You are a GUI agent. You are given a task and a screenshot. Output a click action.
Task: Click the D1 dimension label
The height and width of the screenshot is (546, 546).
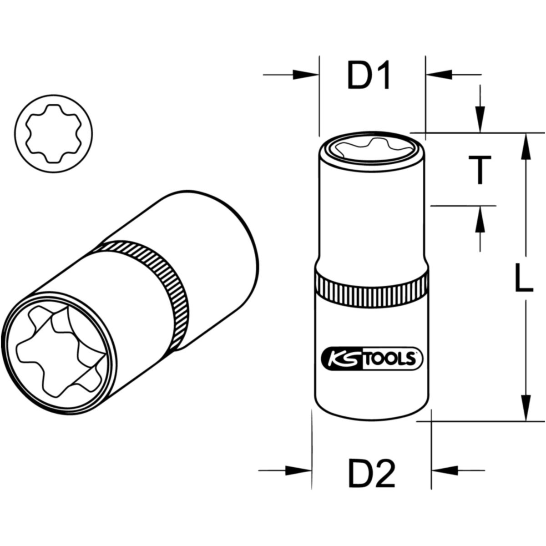[369, 75]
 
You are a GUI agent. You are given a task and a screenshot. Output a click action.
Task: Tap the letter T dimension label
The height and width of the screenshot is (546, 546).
[480, 170]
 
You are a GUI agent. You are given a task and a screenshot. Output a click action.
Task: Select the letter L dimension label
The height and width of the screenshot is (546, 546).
[524, 278]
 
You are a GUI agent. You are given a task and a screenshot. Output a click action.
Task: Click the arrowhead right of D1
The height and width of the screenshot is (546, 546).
[439, 75]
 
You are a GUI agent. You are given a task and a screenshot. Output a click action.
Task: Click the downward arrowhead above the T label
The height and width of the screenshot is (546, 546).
[480, 119]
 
